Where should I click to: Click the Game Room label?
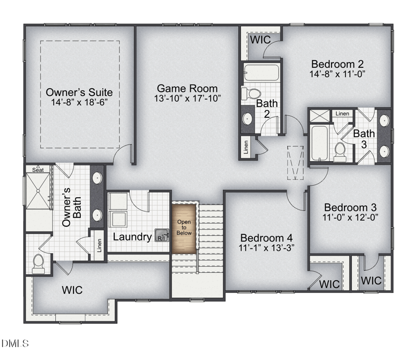[187, 88]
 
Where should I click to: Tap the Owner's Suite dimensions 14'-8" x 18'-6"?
[79, 102]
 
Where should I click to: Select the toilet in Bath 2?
[251, 93]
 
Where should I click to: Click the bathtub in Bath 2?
[262, 72]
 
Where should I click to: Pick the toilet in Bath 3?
[340, 152]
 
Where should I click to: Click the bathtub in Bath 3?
[320, 143]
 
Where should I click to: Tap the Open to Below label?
[184, 227]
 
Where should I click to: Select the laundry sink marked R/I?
[162, 235]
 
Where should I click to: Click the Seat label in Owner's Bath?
[38, 170]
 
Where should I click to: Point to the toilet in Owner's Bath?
[38, 264]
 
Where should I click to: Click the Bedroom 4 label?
[266, 238]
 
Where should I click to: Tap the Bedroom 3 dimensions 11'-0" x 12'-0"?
[350, 217]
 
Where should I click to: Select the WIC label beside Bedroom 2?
[260, 40]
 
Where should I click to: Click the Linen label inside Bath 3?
[342, 114]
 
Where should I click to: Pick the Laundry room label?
[132, 237]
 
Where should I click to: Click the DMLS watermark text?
[15, 343]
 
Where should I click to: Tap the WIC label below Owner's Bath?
[72, 290]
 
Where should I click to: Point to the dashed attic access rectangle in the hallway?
[295, 163]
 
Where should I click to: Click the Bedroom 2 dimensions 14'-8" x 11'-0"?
[337, 74]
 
